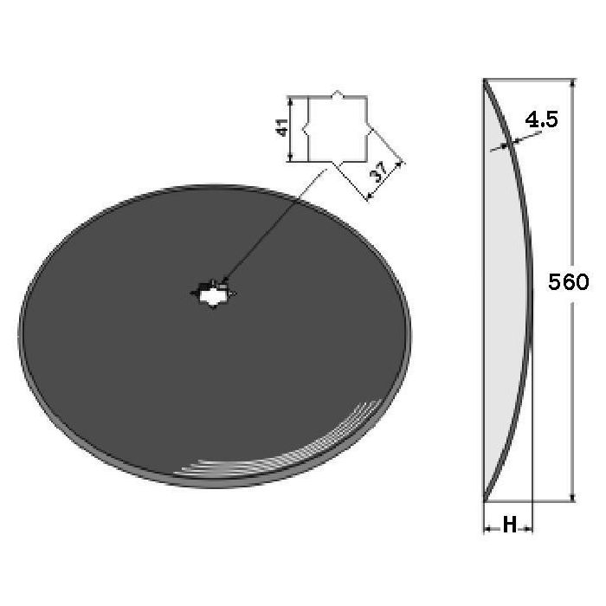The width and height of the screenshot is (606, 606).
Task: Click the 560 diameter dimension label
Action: coord(568,281)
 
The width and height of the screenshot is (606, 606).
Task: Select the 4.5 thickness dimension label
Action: coord(541,119)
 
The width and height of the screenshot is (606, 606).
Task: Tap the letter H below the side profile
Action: coord(509,525)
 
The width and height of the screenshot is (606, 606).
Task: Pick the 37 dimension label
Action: coord(378,172)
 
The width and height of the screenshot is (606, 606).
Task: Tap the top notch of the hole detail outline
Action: coord(338,93)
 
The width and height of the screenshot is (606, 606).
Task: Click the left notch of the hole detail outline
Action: coord(306,129)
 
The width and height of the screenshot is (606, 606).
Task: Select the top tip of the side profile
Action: coord(485,80)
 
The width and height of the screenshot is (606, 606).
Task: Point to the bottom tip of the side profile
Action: coord(485,501)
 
